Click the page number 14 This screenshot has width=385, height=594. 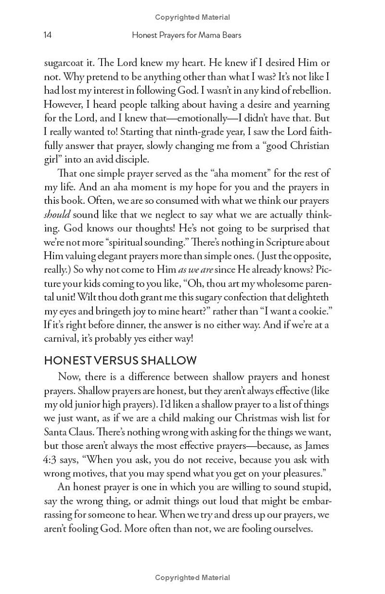(48, 35)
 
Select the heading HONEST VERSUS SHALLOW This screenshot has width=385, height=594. (120, 360)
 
